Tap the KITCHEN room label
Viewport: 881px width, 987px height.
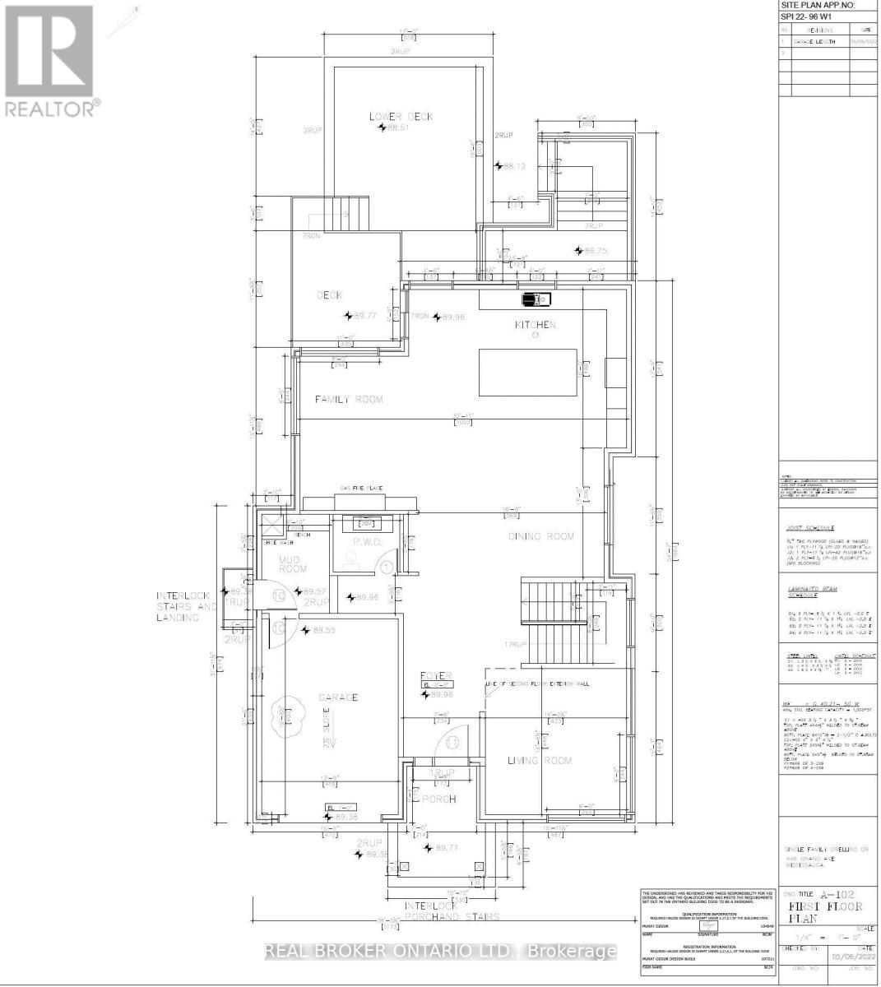click(x=536, y=325)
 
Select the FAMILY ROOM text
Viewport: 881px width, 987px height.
click(x=350, y=399)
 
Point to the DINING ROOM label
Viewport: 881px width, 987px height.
click(x=540, y=536)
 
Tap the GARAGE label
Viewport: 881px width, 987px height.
click(x=338, y=697)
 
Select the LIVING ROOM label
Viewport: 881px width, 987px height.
click(x=539, y=761)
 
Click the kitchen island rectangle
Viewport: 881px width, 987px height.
click(x=528, y=373)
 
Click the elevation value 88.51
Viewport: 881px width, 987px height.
click(x=398, y=128)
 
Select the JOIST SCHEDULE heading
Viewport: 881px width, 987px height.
click(x=812, y=527)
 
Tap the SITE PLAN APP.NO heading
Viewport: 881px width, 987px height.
click(x=818, y=5)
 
